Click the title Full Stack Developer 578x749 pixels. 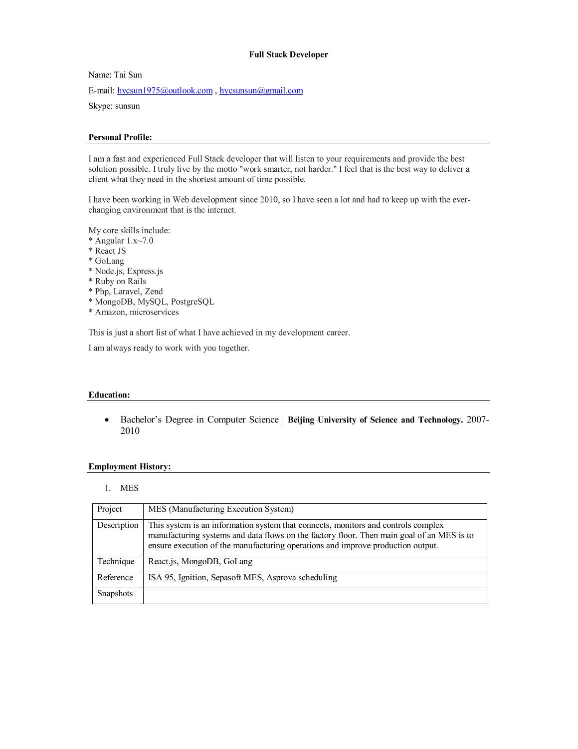click(x=288, y=54)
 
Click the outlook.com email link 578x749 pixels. click(x=165, y=90)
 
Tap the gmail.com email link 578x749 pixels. click(x=261, y=90)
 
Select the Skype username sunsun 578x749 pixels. click(x=127, y=106)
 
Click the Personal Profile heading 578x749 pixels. click(x=120, y=137)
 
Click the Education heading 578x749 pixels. click(x=109, y=395)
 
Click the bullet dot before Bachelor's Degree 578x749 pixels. click(x=107, y=420)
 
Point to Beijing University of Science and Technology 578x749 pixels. click(x=375, y=420)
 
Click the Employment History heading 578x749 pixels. click(x=130, y=467)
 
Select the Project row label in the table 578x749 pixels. click(x=110, y=509)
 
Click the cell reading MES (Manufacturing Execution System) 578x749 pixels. click(x=221, y=509)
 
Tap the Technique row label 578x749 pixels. click(x=116, y=562)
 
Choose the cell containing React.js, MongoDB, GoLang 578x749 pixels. click(x=200, y=562)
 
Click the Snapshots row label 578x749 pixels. click(x=115, y=594)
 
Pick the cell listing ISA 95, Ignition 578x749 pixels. click(x=242, y=578)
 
